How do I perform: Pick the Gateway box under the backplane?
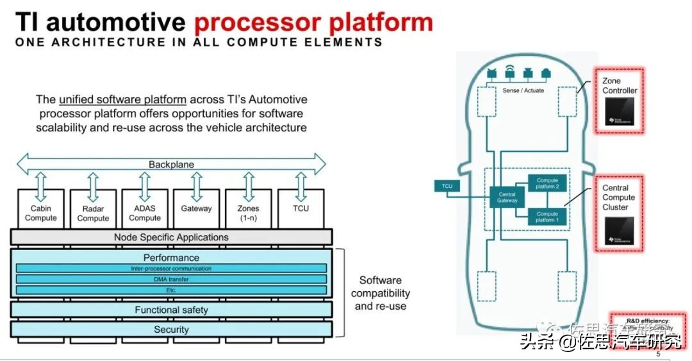click(196, 209)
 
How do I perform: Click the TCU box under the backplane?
click(301, 209)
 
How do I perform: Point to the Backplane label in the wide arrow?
click(171, 164)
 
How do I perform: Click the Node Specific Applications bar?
click(171, 237)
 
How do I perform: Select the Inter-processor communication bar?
click(171, 269)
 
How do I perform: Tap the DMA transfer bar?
click(171, 279)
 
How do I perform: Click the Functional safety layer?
click(171, 310)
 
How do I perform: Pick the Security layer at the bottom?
click(171, 330)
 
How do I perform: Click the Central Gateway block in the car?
click(507, 197)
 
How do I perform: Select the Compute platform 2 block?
click(547, 183)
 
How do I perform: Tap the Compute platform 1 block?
click(547, 217)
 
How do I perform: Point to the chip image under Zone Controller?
click(620, 113)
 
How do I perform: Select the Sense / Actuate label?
click(523, 91)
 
